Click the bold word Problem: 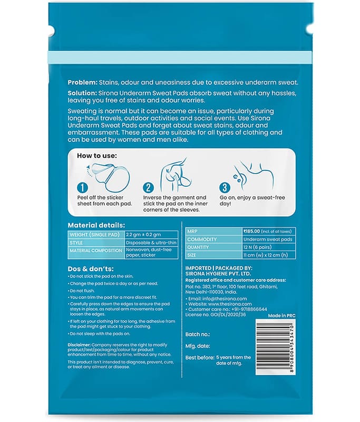coord(84,83)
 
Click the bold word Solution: coord(84,93)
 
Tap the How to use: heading coord(98,156)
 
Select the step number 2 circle coord(149,187)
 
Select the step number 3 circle coord(224,187)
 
